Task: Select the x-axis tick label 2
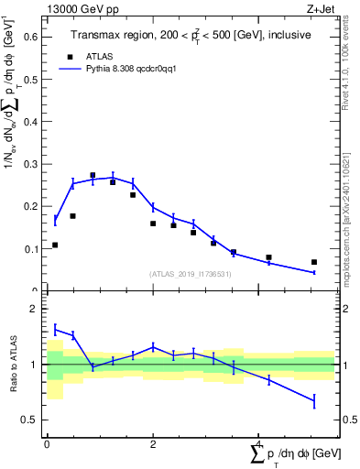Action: coord(153,443)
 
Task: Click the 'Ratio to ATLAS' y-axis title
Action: coord(13,364)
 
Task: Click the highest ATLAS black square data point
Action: coord(93,175)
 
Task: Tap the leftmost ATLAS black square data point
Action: coord(55,245)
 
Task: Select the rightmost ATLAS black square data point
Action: coord(314,262)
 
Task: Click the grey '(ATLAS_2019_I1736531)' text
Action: coord(190,274)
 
